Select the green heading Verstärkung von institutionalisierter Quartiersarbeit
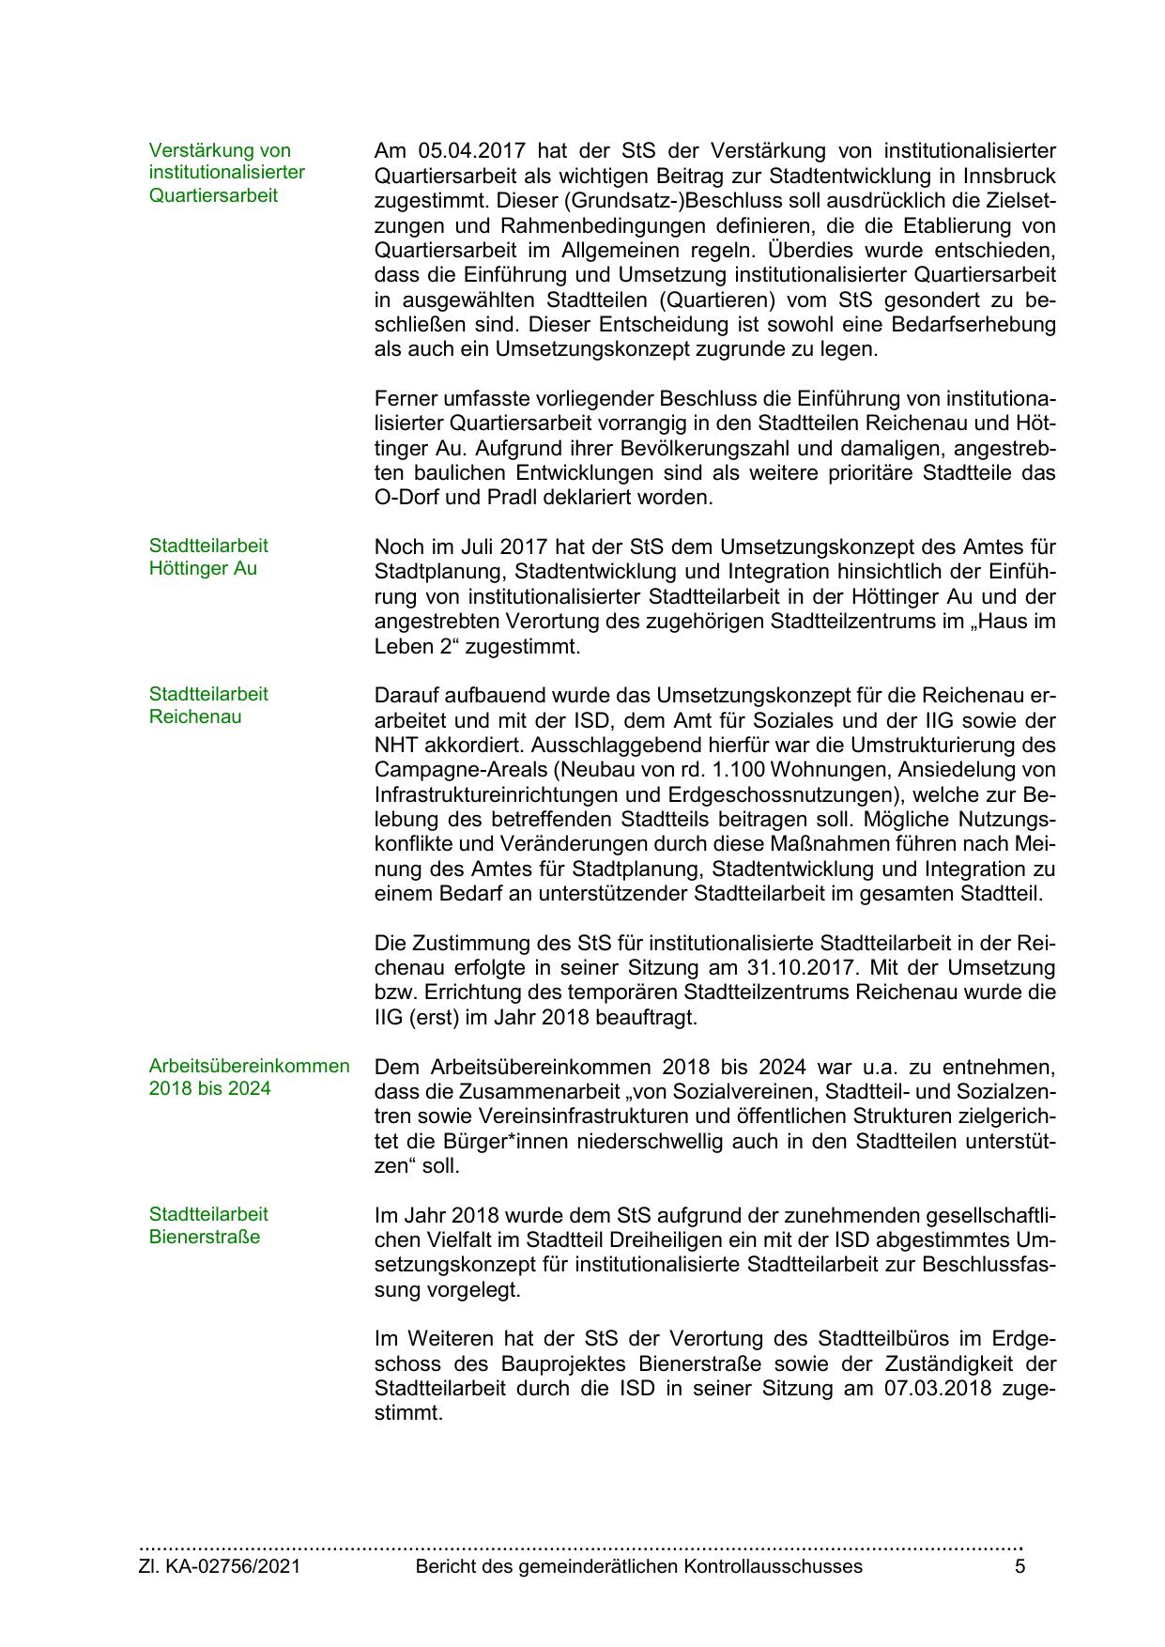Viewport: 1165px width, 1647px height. point(226,173)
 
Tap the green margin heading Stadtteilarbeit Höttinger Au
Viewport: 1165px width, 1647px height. point(207,557)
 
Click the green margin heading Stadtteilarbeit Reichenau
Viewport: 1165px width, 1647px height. point(207,705)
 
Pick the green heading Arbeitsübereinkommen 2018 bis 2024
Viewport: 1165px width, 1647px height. point(249,1077)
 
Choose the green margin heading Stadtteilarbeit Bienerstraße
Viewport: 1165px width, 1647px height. point(207,1225)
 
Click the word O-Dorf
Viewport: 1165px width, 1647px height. point(406,498)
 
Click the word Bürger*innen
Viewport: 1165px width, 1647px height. point(470,1142)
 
